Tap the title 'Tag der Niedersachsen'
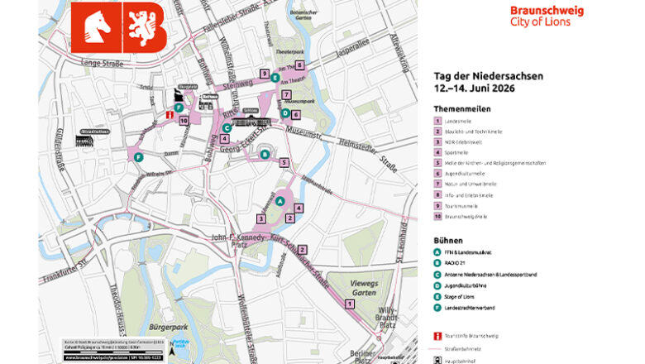point(489,76)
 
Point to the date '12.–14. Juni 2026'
point(476,89)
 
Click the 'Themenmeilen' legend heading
point(458,108)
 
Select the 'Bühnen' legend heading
point(447,239)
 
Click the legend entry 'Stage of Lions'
point(461,294)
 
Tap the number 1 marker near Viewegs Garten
point(350,304)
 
